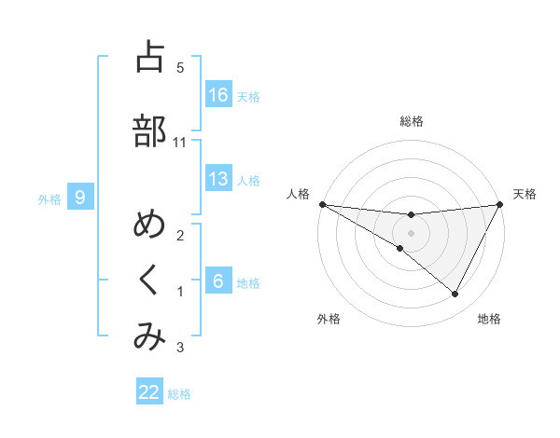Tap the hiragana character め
(x=149, y=226)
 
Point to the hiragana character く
(x=149, y=280)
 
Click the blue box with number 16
(x=218, y=95)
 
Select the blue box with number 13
(x=218, y=180)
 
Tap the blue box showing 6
(x=218, y=281)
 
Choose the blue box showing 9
(x=80, y=198)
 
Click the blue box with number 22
(x=149, y=392)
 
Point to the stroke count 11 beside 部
(x=180, y=142)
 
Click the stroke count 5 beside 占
(x=180, y=67)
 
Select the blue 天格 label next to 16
(x=248, y=96)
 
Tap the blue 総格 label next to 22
(x=179, y=393)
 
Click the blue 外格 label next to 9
(x=49, y=198)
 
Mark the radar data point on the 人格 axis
(x=322, y=204)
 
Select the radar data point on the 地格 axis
(x=455, y=294)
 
